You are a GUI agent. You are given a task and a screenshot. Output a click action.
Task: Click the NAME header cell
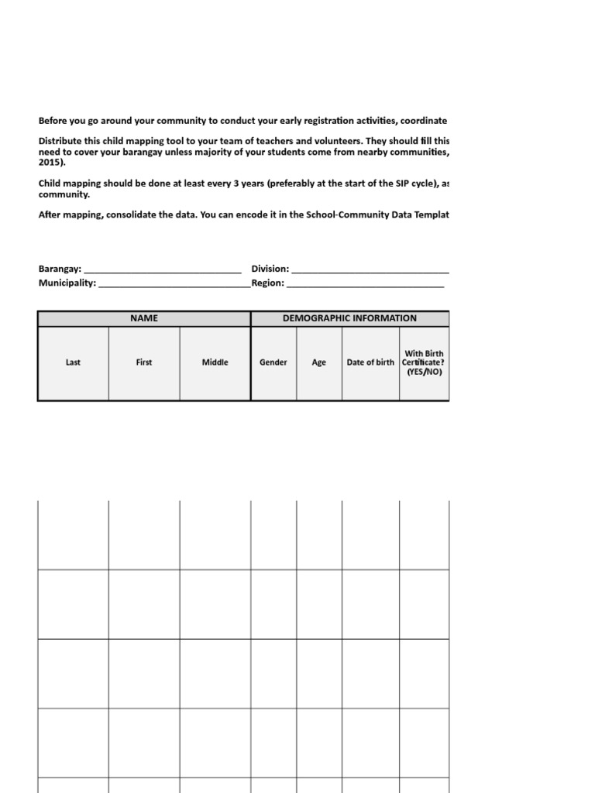[144, 318]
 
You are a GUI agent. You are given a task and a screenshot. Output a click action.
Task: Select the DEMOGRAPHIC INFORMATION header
[349, 318]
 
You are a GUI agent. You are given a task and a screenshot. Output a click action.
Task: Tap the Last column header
[73, 362]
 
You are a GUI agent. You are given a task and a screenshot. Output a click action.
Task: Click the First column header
[144, 362]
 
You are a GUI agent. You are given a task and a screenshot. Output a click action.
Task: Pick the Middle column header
[215, 362]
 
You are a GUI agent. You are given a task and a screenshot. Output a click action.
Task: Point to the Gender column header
[273, 362]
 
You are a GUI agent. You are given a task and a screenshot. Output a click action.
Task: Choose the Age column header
[319, 362]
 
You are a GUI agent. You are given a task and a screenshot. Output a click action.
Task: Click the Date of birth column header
[370, 362]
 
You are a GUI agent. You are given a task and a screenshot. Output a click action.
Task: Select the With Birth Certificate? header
[424, 358]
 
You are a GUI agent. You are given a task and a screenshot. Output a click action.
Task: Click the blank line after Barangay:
[162, 269]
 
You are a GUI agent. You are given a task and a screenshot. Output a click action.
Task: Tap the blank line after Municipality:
[174, 283]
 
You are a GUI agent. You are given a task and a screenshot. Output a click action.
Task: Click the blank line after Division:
[370, 269]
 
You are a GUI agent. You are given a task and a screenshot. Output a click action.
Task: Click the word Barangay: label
[60, 269]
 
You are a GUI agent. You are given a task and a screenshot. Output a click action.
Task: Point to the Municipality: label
[67, 283]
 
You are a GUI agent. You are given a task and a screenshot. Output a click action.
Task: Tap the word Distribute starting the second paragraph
[60, 142]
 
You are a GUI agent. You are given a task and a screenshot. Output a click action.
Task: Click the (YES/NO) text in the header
[425, 372]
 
